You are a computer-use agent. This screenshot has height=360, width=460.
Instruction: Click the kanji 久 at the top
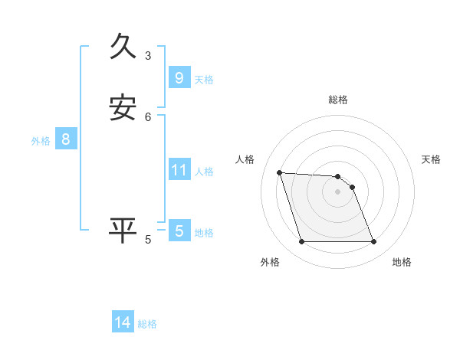pos(123,47)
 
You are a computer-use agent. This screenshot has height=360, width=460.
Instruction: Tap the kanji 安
pos(123,107)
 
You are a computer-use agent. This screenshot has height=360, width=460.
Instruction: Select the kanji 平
pos(123,230)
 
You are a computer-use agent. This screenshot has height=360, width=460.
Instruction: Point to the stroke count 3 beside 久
pos(148,55)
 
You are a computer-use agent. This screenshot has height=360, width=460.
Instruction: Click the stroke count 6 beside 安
pos(148,116)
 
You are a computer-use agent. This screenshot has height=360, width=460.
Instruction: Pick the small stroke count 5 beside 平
pos(148,240)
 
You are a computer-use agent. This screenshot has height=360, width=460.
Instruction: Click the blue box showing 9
pos(179,77)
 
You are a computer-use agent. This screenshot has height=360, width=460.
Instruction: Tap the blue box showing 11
pos(179,169)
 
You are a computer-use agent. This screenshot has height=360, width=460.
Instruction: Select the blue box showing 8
pos(66,139)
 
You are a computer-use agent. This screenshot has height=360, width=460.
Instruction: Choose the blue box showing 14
pos(123,322)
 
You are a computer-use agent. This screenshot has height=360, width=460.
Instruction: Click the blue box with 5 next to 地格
pos(179,231)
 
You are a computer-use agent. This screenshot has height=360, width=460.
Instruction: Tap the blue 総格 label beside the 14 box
pos(147,324)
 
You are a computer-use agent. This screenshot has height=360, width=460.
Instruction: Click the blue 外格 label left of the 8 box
pos(41,141)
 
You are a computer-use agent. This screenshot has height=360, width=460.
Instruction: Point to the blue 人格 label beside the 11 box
pos(205,172)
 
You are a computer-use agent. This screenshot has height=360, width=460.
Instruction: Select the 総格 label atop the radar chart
pos(338,100)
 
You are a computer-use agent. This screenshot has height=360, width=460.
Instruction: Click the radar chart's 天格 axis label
pos(432,159)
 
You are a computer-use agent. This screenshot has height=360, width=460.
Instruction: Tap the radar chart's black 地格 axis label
pos(402,262)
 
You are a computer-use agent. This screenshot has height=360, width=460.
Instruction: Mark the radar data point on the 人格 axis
pos(280,172)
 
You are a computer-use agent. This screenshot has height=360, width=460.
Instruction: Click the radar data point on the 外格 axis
pos(301,242)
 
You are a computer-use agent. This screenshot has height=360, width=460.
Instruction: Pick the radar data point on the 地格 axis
pos(374,242)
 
